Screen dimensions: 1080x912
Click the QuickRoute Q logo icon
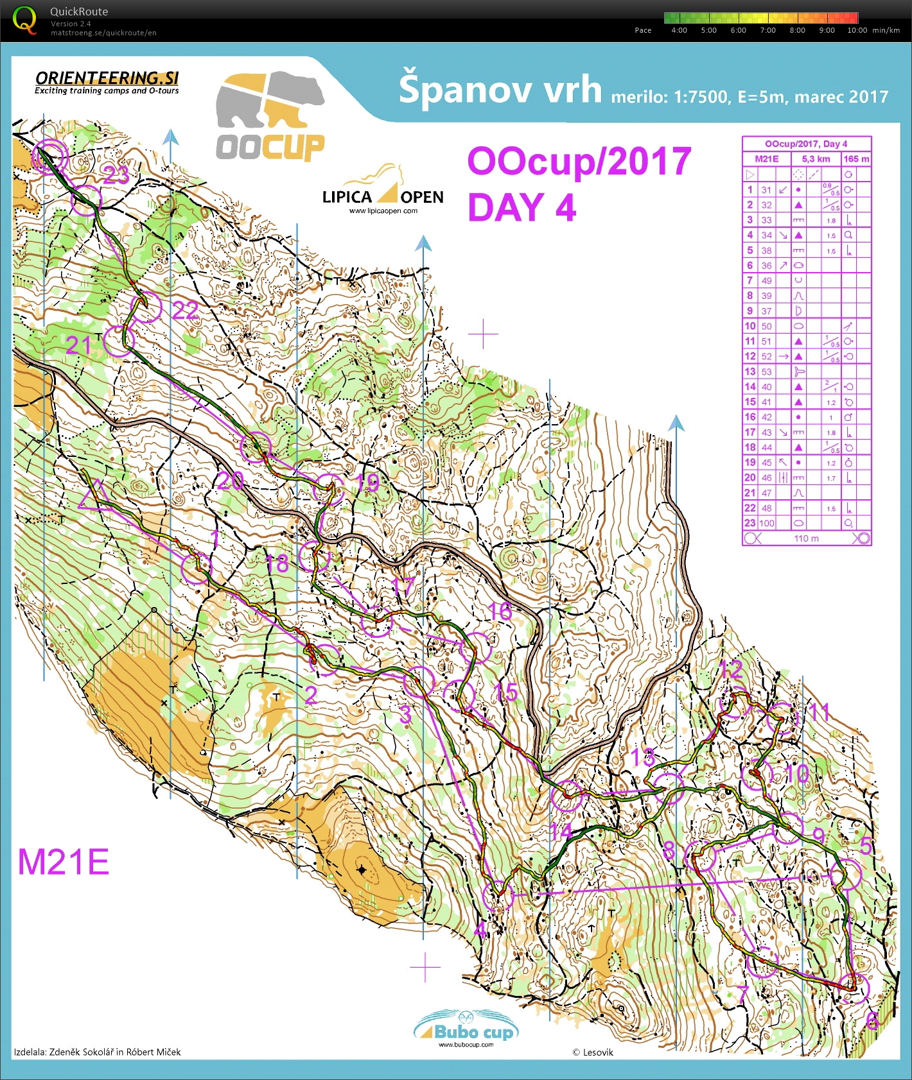pyautogui.click(x=24, y=20)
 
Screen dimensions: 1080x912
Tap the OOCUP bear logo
pyautogui.click(x=270, y=116)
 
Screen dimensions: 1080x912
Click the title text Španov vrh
pyautogui.click(x=500, y=89)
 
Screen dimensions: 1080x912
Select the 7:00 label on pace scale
pyautogui.click(x=767, y=30)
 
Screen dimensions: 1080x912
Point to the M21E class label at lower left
pyautogui.click(x=63, y=862)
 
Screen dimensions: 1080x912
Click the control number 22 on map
pyautogui.click(x=185, y=311)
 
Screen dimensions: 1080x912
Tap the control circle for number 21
pyautogui.click(x=119, y=340)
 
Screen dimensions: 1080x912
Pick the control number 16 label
pyautogui.click(x=500, y=612)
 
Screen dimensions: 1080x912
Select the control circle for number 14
pyautogui.click(x=566, y=796)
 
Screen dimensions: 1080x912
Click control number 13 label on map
pyautogui.click(x=643, y=757)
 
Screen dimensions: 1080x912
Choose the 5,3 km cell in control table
pyautogui.click(x=816, y=159)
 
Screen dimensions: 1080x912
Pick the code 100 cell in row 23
pyautogui.click(x=767, y=523)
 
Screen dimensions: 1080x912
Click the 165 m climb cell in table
pyautogui.click(x=856, y=159)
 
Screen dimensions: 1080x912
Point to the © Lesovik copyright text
pyautogui.click(x=592, y=1052)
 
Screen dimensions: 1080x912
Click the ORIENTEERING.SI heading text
pyautogui.click(x=107, y=78)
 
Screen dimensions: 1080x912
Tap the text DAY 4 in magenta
pyautogui.click(x=522, y=207)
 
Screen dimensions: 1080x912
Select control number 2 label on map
pyautogui.click(x=311, y=695)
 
